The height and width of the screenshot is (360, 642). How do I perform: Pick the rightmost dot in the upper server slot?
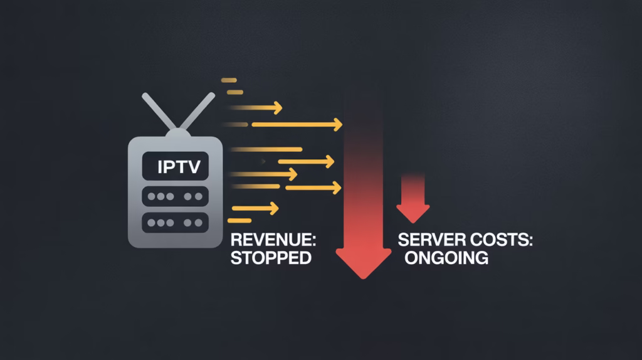pos(169,196)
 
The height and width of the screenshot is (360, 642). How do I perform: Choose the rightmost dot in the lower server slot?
pos(169,223)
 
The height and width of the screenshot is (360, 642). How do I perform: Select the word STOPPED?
pos(271,258)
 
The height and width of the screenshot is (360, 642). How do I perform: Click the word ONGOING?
pos(446,258)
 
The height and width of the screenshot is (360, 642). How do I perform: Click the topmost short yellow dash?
pos(229,80)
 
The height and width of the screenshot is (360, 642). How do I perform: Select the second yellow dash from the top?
pos(234,93)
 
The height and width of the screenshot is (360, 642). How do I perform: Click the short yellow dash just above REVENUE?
pos(240,221)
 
